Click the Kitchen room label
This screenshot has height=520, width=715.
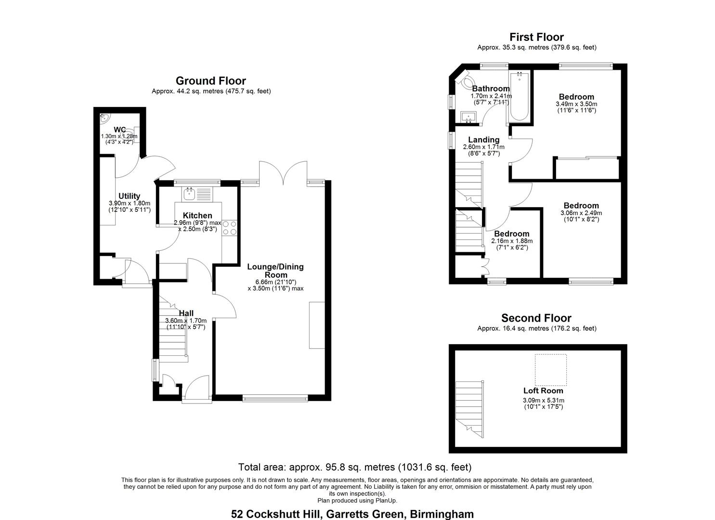(x=197, y=216)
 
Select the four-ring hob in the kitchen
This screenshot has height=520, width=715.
(x=230, y=228)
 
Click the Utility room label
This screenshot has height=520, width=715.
(x=129, y=196)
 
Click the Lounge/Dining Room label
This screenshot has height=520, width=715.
(x=275, y=271)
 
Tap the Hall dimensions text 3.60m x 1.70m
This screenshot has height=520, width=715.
(x=186, y=321)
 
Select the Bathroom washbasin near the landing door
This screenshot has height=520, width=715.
(x=468, y=117)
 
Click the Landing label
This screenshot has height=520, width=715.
(x=483, y=140)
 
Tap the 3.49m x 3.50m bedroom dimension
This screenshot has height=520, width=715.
(x=576, y=104)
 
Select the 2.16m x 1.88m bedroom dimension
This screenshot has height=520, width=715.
(x=512, y=241)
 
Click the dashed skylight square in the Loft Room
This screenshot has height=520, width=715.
(x=551, y=370)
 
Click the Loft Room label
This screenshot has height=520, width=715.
(x=543, y=390)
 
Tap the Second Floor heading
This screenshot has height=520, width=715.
(x=536, y=318)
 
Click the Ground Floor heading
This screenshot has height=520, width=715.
(x=211, y=81)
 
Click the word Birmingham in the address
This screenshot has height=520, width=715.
(x=442, y=514)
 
